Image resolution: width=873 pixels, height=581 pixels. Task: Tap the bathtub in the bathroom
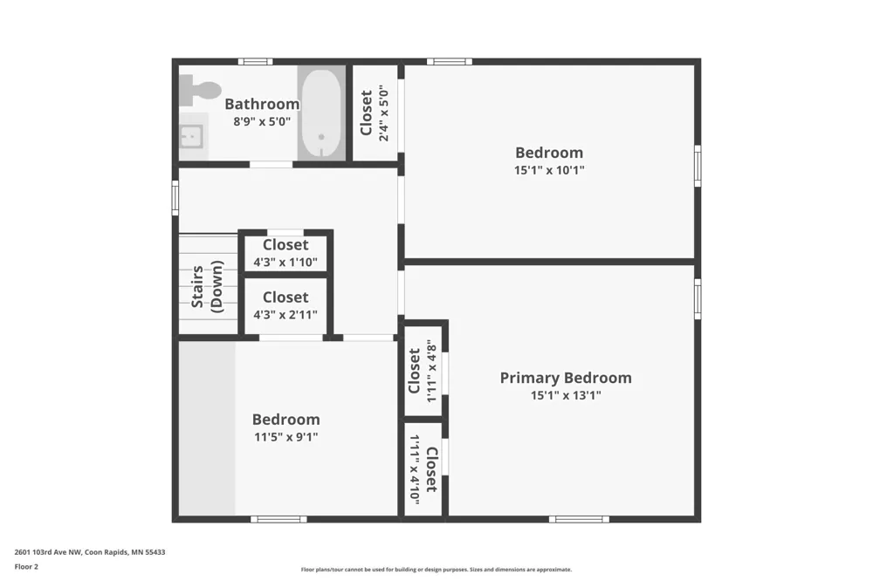point(321,113)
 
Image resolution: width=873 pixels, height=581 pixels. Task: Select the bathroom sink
point(193,136)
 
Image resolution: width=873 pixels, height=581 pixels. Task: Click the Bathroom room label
point(262,104)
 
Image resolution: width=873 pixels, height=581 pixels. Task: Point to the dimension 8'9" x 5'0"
point(262,121)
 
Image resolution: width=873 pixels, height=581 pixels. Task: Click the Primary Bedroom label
point(566,378)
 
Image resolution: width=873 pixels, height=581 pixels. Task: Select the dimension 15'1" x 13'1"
point(566,396)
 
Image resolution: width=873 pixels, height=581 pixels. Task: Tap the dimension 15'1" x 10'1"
point(549,170)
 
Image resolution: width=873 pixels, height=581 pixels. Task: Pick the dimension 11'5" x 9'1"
point(286,437)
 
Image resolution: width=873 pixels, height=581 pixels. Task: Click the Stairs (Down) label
point(207,287)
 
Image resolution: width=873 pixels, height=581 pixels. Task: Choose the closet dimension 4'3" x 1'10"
point(285,262)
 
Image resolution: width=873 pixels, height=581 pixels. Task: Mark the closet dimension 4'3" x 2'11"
point(285,315)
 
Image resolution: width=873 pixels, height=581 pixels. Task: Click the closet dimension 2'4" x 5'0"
point(383,113)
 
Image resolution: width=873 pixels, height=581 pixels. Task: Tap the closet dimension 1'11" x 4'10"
point(414,469)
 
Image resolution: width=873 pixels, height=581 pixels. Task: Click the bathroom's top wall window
point(256,61)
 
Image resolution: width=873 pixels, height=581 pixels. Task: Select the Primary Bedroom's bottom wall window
point(579,519)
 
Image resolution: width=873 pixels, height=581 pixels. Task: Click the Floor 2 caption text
point(26,567)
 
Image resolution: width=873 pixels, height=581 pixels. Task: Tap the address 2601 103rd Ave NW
point(48,552)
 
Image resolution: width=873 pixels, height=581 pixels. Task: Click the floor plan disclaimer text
point(436,570)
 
